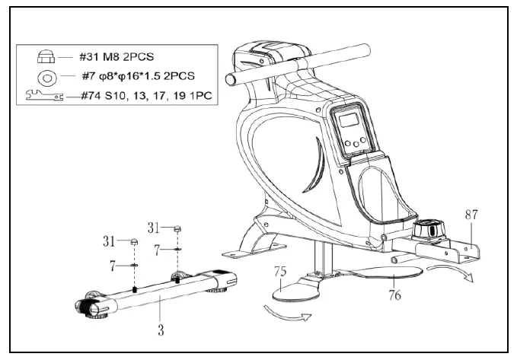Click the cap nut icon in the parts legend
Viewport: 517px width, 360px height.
tap(44, 56)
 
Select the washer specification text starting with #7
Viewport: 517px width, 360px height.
tap(130, 76)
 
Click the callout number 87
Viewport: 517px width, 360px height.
tap(471, 216)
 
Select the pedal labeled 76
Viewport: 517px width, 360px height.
tap(381, 267)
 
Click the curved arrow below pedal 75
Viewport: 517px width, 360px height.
tap(286, 314)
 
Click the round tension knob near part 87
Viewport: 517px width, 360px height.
tap(426, 228)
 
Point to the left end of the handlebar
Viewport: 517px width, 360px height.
tap(229, 78)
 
